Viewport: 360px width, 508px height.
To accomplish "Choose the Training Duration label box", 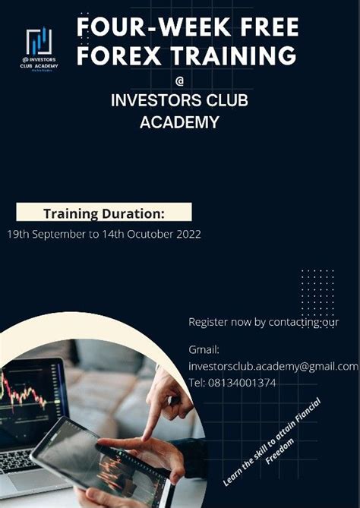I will coord(104,213).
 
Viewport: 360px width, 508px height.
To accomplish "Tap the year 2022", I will coord(187,235).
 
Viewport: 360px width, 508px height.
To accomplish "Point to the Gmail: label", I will coord(204,349).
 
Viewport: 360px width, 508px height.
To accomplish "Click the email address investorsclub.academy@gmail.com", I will coord(273,366).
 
